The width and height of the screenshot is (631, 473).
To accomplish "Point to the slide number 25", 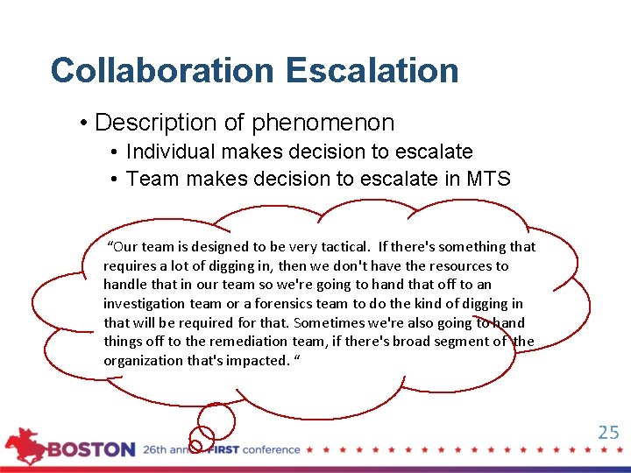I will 608,432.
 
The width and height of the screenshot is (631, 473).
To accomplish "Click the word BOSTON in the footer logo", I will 91,449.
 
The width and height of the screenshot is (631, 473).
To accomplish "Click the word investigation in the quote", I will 143,304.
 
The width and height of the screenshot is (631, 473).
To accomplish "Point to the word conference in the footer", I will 271,449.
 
